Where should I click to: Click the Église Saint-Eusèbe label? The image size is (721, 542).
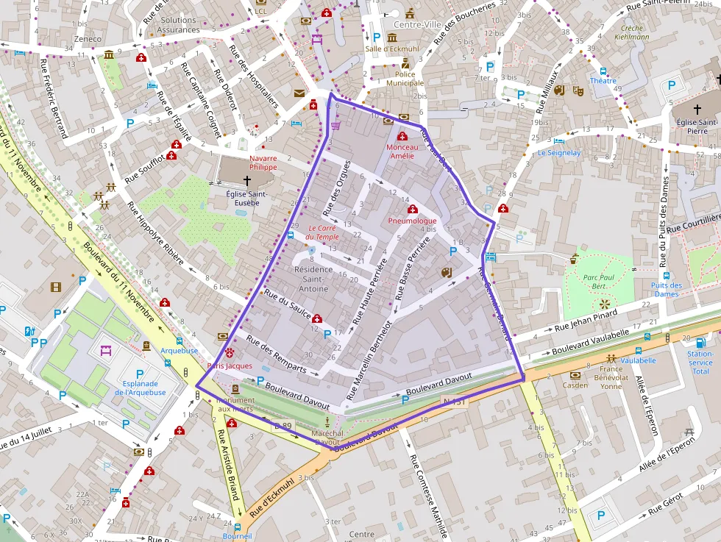[246, 198]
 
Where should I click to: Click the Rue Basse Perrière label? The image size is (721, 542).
[412, 269]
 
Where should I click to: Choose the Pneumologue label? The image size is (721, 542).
[412, 221]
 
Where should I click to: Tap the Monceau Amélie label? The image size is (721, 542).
[402, 151]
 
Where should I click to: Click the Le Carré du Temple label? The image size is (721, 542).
[323, 232]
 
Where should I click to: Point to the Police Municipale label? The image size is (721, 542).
[405, 79]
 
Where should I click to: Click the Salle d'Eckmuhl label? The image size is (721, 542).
[392, 49]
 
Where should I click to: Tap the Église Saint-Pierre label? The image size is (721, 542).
[697, 126]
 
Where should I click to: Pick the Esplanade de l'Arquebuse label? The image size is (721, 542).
[140, 388]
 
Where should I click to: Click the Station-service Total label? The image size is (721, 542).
[700, 363]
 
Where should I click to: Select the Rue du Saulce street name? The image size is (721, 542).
[286, 304]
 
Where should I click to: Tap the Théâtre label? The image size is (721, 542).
[603, 81]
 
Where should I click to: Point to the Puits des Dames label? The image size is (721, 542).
[667, 290]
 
